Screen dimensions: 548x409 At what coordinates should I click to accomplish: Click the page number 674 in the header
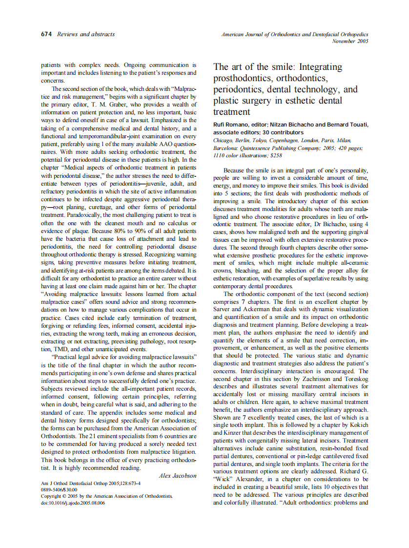pyautogui.click(x=47, y=34)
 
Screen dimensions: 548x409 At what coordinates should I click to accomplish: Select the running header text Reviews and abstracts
pyautogui.click(x=86, y=34)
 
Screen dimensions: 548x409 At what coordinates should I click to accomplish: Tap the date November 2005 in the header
pyautogui.click(x=350, y=41)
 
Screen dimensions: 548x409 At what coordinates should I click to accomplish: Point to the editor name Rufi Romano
pyautogui.click(x=231, y=125)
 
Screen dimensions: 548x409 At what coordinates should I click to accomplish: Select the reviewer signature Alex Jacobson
pyautogui.click(x=178, y=475)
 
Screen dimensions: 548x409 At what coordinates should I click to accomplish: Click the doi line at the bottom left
pyautogui.click(x=73, y=503)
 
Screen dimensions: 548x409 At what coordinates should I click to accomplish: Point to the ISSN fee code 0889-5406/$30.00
pyautogui.click(x=59, y=489)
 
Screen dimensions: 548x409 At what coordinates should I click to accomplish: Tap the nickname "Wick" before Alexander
pyautogui.click(x=223, y=480)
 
